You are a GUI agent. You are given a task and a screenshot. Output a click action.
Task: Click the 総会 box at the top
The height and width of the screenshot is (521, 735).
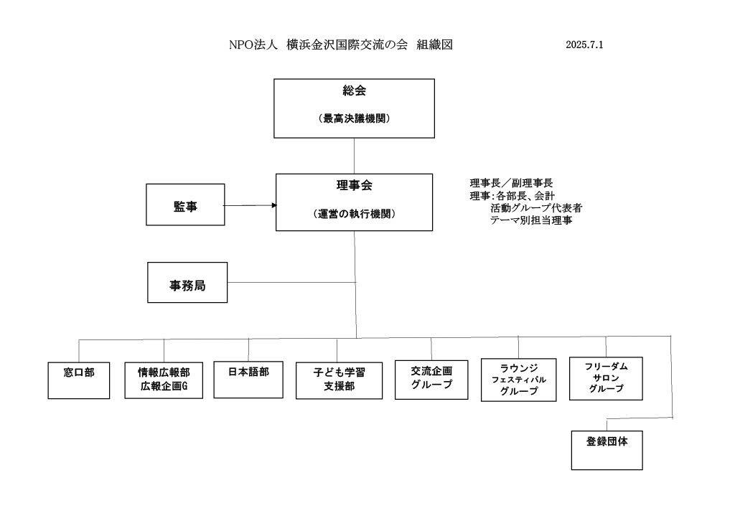click(x=355, y=108)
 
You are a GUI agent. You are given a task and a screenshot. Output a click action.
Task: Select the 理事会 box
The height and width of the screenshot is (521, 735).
click(x=355, y=202)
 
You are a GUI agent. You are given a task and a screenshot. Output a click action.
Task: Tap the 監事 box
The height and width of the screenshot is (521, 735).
click(x=185, y=205)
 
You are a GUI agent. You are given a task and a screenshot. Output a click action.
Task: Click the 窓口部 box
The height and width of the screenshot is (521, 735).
click(x=79, y=380)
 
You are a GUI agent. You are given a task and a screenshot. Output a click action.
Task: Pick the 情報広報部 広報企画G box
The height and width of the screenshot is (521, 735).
click(x=164, y=380)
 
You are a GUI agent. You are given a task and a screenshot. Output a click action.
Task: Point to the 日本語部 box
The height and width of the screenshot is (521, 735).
click(x=248, y=377)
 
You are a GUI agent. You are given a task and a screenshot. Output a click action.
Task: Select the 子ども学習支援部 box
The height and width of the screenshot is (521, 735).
click(x=337, y=380)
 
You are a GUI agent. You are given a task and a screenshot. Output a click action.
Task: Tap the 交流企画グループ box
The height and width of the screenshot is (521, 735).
click(x=431, y=378)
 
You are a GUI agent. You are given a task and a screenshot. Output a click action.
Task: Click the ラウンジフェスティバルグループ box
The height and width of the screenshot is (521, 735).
click(x=518, y=380)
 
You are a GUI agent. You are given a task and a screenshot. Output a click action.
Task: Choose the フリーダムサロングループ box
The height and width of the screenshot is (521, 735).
click(x=606, y=377)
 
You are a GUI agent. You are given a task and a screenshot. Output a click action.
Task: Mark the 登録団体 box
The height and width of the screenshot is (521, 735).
click(x=607, y=449)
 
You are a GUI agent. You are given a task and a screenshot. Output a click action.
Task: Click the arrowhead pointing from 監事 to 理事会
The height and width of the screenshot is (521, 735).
click(x=273, y=205)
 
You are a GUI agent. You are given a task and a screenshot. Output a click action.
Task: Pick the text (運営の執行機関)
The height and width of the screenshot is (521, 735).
click(x=355, y=214)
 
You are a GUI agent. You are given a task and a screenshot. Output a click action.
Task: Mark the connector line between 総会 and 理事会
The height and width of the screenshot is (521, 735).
click(x=355, y=155)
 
